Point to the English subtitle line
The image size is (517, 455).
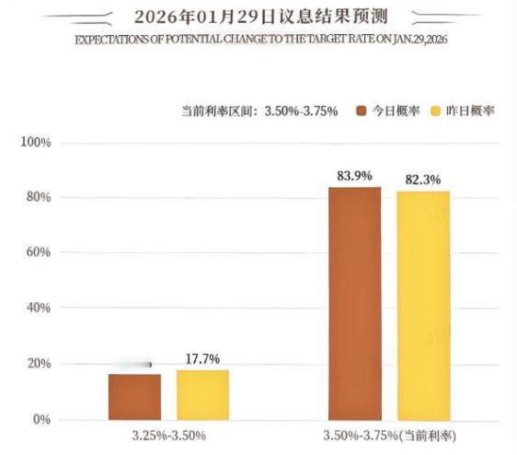coord(259,42)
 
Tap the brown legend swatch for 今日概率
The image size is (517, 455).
coord(361,111)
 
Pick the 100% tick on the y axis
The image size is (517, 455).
coord(35,143)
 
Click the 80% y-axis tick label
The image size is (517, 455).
coord(38,198)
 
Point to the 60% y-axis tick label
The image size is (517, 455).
coord(38,253)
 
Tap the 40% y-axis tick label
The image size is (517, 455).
coord(38,309)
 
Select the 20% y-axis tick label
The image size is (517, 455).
coord(38,364)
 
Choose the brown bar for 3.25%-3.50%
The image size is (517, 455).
coord(134,396)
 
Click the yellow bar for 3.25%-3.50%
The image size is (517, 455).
coord(202,394)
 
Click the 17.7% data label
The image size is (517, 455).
coord(202,359)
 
